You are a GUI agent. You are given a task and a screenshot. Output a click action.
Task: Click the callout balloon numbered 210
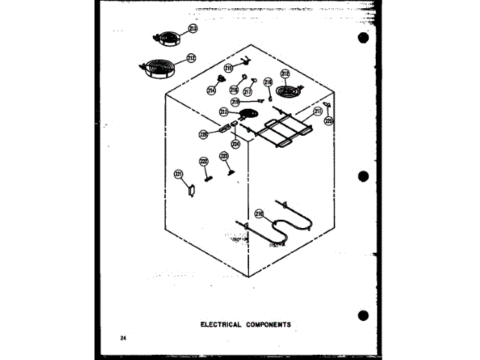[259, 214]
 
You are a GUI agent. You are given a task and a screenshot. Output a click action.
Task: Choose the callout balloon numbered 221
[178, 175]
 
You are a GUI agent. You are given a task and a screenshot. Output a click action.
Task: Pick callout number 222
[202, 161]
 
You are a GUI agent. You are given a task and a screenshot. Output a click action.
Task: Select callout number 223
[224, 156]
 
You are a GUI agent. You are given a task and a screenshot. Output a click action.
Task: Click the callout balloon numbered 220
[202, 134]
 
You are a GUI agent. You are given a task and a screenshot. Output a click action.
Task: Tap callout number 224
[235, 144]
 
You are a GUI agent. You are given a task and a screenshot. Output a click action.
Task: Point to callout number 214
[211, 91]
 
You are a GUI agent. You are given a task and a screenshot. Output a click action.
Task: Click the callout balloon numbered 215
[229, 68]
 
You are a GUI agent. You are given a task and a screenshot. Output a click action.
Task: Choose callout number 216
[233, 90]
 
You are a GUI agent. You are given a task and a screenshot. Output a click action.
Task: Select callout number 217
[247, 91]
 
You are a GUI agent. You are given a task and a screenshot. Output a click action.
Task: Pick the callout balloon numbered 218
[268, 82]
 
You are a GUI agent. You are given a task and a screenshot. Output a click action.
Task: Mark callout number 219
[235, 101]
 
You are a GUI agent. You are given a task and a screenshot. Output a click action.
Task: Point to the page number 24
[121, 339]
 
